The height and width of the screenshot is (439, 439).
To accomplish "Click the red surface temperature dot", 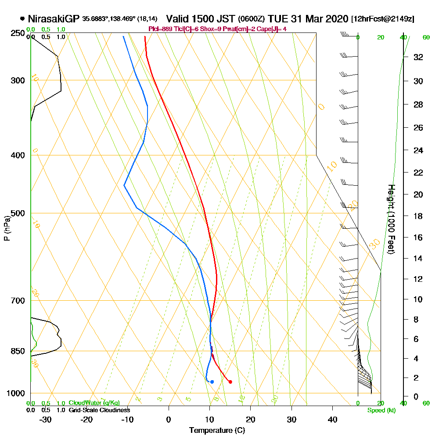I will tap(230, 382).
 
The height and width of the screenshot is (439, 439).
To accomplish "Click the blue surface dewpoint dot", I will tap(212, 382).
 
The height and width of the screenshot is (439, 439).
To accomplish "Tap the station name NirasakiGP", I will tap(54, 19).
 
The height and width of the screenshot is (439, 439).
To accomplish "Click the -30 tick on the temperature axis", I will tap(46, 419).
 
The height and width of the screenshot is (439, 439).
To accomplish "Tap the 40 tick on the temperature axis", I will tap(332, 419).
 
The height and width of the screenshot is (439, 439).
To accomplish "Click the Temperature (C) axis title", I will tap(217, 431).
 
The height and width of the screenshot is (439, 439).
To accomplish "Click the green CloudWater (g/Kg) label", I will tap(94, 403).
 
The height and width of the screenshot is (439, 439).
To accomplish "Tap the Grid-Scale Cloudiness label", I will tap(99, 410).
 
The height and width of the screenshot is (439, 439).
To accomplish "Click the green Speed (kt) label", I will tap(380, 410).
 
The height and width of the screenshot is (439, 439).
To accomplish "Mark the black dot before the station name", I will tap(22, 19).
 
